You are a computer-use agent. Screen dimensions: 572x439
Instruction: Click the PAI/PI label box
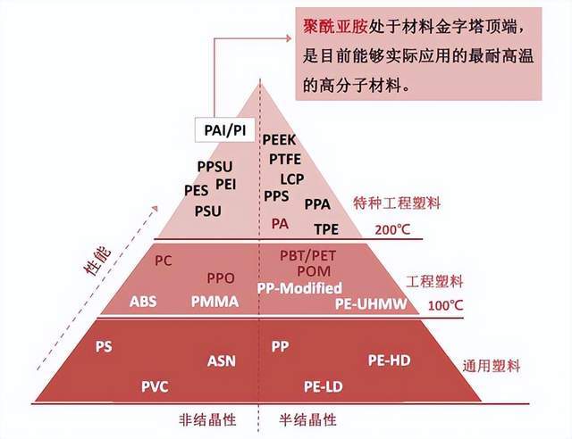pos(224,129)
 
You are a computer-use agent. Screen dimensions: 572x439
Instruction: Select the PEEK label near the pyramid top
pos(279,139)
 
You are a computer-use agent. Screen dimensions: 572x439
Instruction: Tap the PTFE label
pos(285,159)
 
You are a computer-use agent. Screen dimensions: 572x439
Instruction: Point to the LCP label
pos(292,178)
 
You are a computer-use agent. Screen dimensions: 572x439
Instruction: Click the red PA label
pos(280,224)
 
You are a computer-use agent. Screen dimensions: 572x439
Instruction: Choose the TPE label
pos(326,229)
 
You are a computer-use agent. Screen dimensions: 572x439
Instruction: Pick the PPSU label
pos(214,167)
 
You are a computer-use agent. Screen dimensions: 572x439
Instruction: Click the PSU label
pos(208,211)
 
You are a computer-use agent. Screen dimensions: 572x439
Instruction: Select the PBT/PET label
pos(307,255)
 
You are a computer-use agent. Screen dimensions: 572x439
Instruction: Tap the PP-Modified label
pos(300,288)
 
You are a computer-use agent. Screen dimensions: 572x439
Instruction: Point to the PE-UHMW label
pos(371,304)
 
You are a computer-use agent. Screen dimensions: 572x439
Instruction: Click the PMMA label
pos(214,302)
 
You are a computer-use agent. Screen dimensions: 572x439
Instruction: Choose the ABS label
pos(143,302)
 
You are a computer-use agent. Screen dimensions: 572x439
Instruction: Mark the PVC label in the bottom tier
pos(155,386)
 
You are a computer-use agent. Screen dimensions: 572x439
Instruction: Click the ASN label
pos(222,361)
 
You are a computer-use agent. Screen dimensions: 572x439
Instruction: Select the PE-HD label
pos(390,360)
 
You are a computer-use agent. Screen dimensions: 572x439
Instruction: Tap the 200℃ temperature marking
pos(392,229)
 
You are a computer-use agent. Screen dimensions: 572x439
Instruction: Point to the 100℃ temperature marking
pos(445,305)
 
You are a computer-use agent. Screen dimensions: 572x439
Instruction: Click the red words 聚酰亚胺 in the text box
pos(335,26)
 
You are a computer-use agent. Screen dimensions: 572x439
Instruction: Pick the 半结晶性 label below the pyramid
pos(307,419)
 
